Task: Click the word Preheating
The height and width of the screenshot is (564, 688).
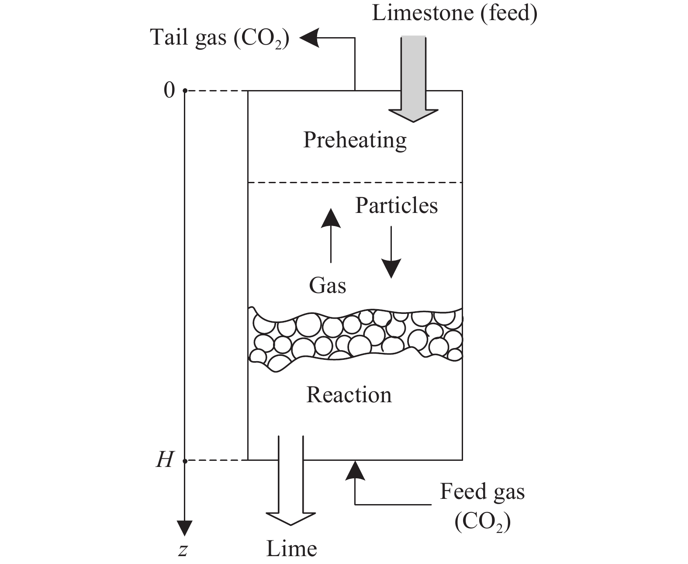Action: pyautogui.click(x=355, y=141)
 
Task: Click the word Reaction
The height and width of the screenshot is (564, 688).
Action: pyautogui.click(x=349, y=395)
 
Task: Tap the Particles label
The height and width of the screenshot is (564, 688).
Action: pyautogui.click(x=396, y=205)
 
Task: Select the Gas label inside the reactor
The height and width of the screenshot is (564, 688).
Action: pyautogui.click(x=328, y=286)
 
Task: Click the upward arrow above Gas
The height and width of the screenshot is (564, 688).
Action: pyautogui.click(x=331, y=236)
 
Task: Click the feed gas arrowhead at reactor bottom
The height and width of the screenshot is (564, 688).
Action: pyautogui.click(x=354, y=470)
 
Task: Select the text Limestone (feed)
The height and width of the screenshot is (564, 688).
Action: pyautogui.click(x=454, y=13)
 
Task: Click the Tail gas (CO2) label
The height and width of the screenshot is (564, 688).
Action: pyautogui.click(x=220, y=38)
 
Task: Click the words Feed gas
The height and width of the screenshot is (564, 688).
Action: pyautogui.click(x=482, y=491)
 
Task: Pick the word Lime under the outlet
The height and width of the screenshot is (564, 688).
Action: pyautogui.click(x=291, y=549)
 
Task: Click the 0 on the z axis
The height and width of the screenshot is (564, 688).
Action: pyautogui.click(x=169, y=91)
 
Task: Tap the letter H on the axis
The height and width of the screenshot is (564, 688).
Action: pyautogui.click(x=165, y=460)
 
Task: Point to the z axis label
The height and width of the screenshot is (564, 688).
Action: pyautogui.click(x=183, y=550)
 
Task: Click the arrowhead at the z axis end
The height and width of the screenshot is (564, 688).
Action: pyautogui.click(x=185, y=528)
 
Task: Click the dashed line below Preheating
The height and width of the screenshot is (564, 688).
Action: pyautogui.click(x=355, y=182)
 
